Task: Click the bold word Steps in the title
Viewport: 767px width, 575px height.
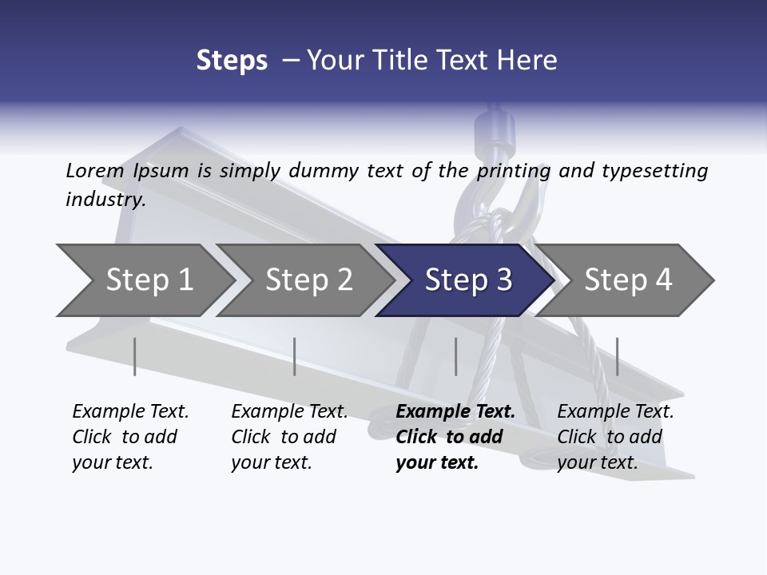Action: (232, 60)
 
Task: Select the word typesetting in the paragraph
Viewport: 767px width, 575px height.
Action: (654, 170)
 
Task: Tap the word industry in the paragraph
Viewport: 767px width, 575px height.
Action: (105, 199)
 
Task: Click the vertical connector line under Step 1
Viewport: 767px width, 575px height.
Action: (135, 356)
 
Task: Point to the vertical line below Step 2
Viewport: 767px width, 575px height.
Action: (295, 356)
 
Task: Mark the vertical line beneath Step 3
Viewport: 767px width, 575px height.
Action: (455, 356)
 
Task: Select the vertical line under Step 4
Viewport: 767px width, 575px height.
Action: (617, 356)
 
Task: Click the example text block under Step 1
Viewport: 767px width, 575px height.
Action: (130, 437)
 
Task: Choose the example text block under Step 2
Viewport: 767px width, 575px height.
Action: (289, 437)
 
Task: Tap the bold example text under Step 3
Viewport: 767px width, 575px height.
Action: (455, 437)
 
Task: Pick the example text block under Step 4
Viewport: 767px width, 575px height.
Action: (615, 437)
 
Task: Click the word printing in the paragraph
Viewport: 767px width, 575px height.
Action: (514, 170)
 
